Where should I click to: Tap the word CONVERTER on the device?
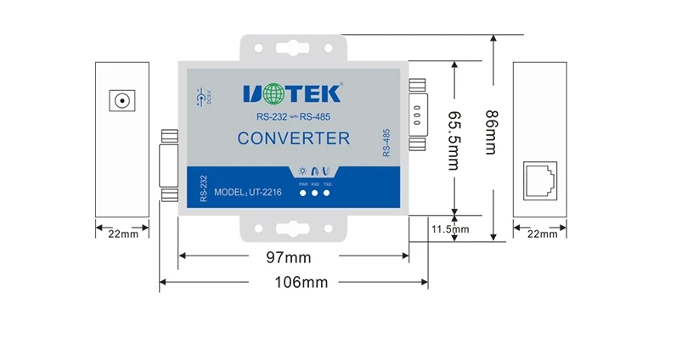click(x=293, y=138)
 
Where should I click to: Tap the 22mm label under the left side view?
click(x=122, y=233)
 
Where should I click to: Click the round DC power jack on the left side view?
click(x=123, y=103)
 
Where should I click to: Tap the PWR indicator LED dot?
click(x=303, y=194)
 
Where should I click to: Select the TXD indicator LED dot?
click(x=327, y=194)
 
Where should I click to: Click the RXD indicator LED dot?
click(x=315, y=194)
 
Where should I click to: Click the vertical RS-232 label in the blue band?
click(x=202, y=188)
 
